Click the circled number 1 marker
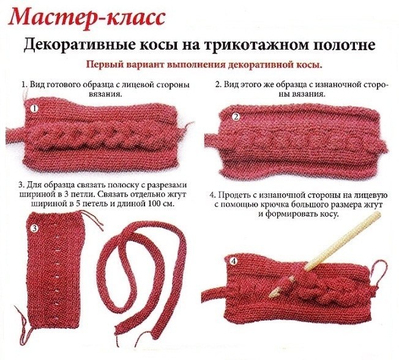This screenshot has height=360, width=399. (x=34, y=109)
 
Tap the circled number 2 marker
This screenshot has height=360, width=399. (x=236, y=117)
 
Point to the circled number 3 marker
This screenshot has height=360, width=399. (x=35, y=228)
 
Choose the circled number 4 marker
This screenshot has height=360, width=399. (x=234, y=261)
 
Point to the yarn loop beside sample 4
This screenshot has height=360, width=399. (x=380, y=274)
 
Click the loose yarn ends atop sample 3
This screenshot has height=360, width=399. (x=92, y=219)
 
